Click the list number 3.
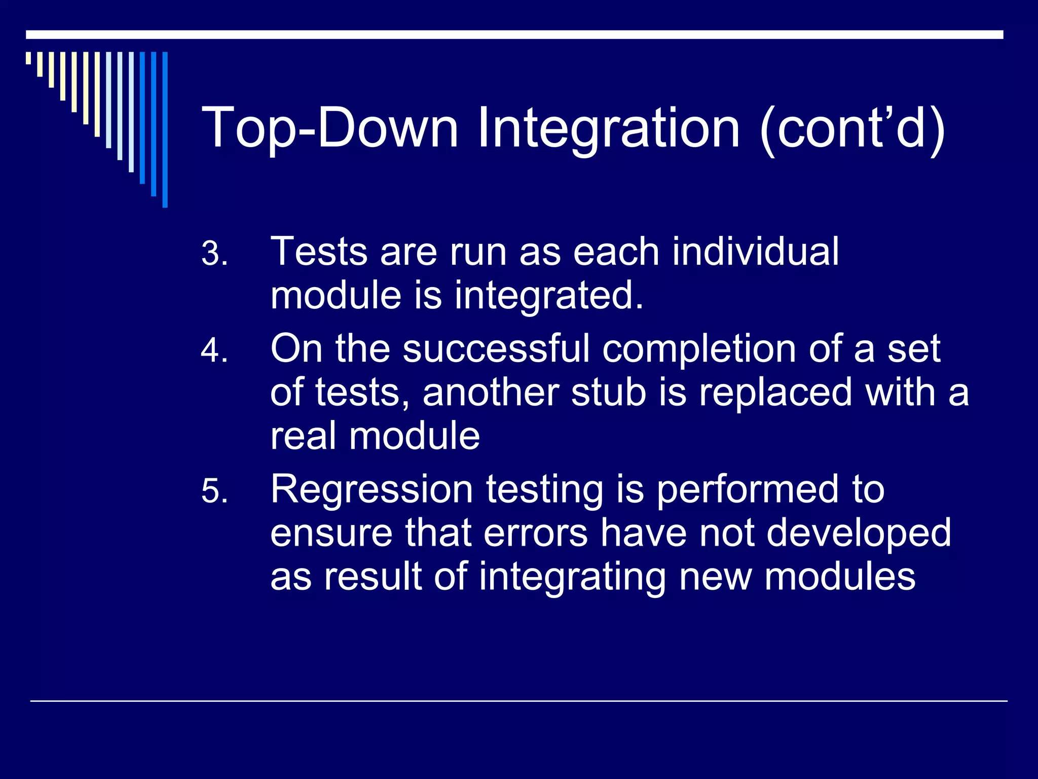(214, 254)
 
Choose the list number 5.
(214, 491)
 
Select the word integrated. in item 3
(548, 296)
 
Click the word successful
(496, 349)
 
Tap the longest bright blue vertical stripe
(165, 129)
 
